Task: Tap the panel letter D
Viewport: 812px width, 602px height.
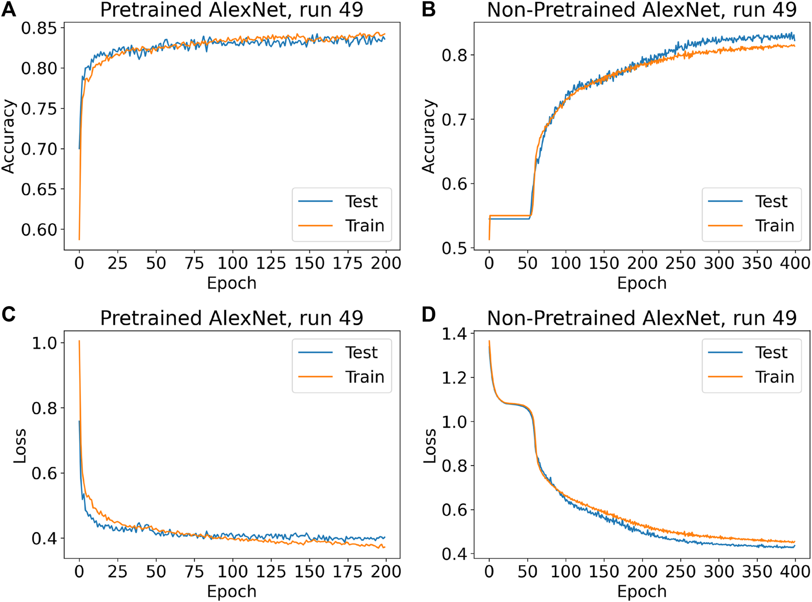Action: (428, 315)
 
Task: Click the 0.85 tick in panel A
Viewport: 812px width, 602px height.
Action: (38, 28)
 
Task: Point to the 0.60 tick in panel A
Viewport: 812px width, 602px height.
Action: (38, 230)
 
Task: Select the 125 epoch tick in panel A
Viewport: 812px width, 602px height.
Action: (271, 263)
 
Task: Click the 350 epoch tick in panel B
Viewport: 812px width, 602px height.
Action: (757, 263)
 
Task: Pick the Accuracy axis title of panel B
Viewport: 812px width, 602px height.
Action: (429, 136)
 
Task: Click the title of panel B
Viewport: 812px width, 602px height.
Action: (642, 10)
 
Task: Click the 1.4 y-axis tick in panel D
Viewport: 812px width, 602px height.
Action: (454, 334)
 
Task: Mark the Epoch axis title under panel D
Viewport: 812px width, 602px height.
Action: (642, 591)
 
